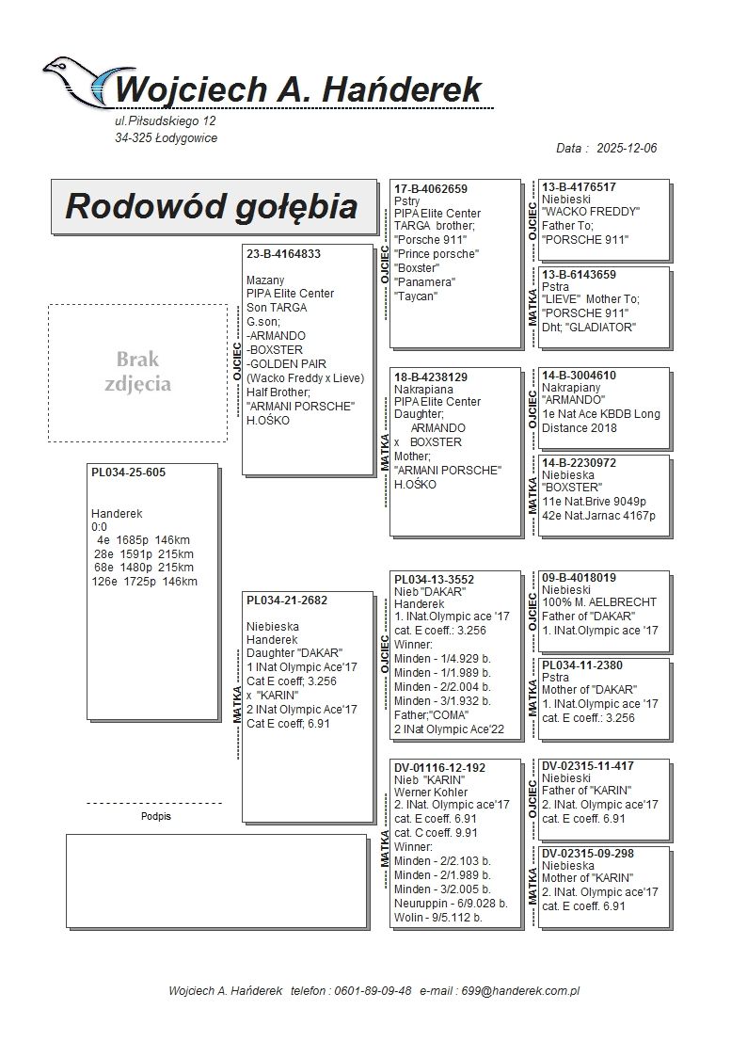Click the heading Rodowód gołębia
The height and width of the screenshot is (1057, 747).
click(x=211, y=206)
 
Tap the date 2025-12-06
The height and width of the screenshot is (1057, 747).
click(x=626, y=149)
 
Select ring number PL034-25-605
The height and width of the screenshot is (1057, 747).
click(x=128, y=472)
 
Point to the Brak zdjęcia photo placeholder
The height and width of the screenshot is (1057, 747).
click(x=137, y=372)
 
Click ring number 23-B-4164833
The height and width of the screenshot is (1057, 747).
click(x=283, y=254)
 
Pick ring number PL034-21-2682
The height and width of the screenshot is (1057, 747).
click(x=287, y=601)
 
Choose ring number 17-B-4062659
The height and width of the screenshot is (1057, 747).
click(x=431, y=189)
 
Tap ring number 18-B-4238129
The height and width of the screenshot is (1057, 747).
click(x=431, y=376)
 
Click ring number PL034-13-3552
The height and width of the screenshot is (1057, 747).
click(x=434, y=579)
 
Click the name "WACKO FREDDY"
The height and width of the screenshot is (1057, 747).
click(x=591, y=212)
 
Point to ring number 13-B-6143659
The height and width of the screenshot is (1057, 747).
click(x=580, y=275)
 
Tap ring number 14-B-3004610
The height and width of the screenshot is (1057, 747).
click(x=580, y=376)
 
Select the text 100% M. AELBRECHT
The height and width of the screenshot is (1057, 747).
click(x=598, y=602)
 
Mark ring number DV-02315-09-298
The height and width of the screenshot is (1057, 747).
click(x=587, y=854)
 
